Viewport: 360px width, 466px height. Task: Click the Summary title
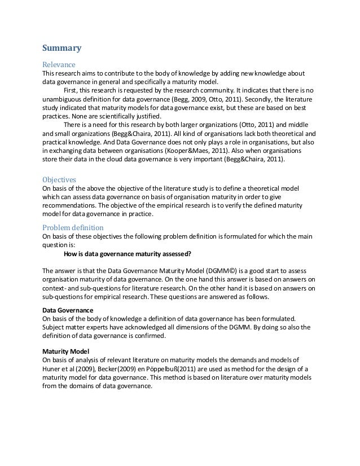[x=63, y=48]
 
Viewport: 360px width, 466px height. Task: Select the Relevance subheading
[x=59, y=64]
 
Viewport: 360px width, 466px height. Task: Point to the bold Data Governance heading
[x=68, y=310]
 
